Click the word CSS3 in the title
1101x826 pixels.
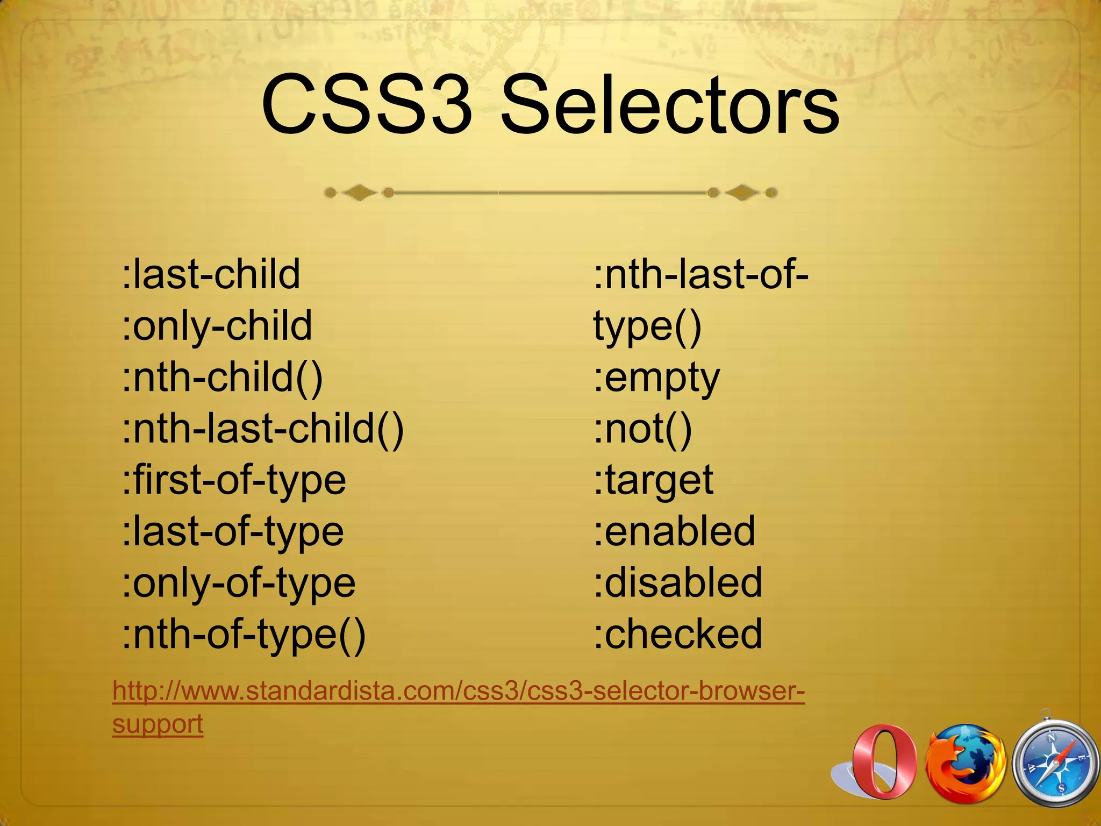point(366,105)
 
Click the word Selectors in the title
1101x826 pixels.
point(669,105)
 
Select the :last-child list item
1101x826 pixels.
point(211,274)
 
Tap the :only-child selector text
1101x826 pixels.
point(217,326)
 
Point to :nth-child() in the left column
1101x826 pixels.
point(223,378)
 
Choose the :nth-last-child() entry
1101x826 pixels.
point(263,429)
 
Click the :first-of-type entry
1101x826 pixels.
point(234,480)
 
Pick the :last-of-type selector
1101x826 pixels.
point(233,532)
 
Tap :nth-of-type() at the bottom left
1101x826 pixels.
point(244,635)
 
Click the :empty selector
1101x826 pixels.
point(656,378)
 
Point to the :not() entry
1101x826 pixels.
point(643,429)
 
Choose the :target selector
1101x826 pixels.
point(654,480)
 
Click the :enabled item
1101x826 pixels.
point(675,532)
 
